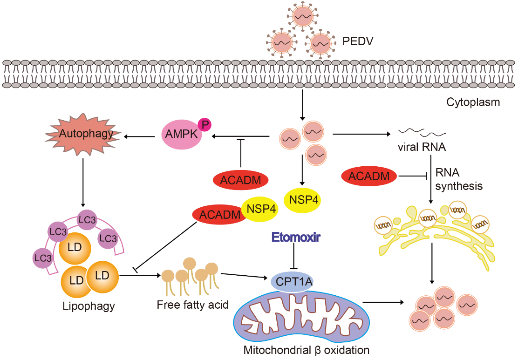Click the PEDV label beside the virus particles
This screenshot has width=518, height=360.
coord(358,41)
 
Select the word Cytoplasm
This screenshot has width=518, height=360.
coord(473,102)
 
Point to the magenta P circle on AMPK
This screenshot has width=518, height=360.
coord(204,124)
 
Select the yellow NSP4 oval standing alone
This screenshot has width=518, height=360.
coord(303,199)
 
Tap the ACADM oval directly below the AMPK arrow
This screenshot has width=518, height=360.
coord(239,180)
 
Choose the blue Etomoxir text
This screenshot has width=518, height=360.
coord(293,238)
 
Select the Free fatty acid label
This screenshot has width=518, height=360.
coord(192,305)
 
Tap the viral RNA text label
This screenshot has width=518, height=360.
coord(422,148)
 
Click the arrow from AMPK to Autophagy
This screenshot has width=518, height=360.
coord(140,136)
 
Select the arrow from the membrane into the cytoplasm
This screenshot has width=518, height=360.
coord(302,105)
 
